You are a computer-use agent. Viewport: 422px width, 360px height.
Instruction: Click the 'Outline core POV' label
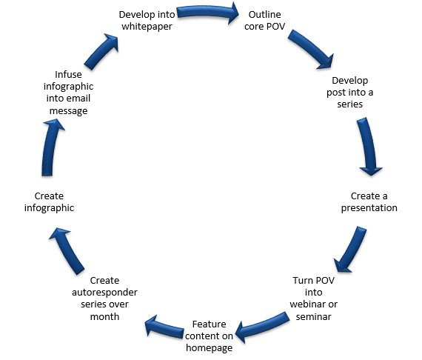264,20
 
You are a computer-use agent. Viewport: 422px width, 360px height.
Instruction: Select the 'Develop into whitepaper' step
147,20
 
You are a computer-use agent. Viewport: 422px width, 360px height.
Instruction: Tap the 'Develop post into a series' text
349,92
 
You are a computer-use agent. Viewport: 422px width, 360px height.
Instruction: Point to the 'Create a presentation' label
369,202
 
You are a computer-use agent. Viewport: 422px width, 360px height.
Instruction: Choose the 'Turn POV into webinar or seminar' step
314,299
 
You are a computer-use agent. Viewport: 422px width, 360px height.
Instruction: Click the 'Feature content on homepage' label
209,336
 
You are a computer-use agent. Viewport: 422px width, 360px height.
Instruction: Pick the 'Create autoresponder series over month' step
104,299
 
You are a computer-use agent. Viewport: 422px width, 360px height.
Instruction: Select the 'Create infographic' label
49,202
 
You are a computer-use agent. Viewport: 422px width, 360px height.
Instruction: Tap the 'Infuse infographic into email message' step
68,93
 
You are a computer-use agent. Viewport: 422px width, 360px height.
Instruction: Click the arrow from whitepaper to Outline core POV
207,12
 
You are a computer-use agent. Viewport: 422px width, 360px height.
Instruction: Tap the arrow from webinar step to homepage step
262,327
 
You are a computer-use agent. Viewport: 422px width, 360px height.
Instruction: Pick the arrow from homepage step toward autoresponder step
164,327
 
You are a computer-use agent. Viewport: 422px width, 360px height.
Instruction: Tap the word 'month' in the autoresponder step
104,316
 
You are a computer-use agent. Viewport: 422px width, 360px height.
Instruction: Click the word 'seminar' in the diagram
314,316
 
